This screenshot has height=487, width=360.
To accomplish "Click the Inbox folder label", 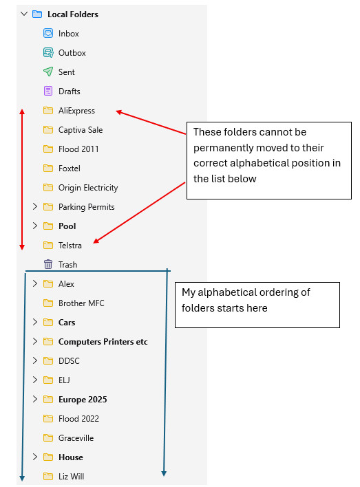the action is pos(68,34).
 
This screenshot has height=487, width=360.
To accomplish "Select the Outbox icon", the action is pos(48,53).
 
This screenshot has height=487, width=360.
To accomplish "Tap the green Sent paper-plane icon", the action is pos(48,72).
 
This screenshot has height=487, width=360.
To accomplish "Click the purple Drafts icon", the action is pos(48,91).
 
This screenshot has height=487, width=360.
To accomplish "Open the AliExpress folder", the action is pos(76,111).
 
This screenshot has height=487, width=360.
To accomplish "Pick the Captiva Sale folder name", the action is pos(81,130).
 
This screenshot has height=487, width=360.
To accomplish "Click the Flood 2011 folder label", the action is pos(78,149).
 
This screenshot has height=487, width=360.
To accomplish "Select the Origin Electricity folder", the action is pos(88,188).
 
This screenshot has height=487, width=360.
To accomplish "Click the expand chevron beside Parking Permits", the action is pos(35,206).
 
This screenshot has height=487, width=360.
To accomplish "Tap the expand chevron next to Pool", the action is pos(35,226).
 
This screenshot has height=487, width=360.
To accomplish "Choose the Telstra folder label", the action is pos(70,246).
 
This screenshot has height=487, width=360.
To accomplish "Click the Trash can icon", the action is pos(48,264).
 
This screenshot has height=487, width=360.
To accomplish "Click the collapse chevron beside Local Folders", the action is pos(24,14).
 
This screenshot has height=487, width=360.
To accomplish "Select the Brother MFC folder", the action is pos(81,303).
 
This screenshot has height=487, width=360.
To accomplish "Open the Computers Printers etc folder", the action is pos(103,342).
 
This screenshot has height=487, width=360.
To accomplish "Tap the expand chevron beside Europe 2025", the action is pos(35,399).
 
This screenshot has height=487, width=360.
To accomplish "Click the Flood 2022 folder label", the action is pos(78,419).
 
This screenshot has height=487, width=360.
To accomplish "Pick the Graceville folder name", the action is pos(76,438).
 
